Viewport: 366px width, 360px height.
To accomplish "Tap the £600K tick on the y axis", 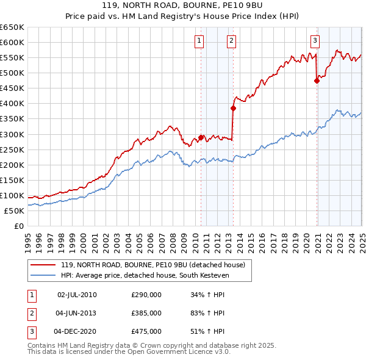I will pos(12,42).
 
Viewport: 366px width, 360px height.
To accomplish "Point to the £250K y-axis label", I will pos(12,149).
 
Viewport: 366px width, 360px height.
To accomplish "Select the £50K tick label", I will pos(15,211).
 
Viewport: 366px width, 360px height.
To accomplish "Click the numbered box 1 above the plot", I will pos(199,41).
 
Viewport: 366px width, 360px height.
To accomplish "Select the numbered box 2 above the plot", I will pos(232,41).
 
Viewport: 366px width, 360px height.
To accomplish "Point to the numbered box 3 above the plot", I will pos(315,41).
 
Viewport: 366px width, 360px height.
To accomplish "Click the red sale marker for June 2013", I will pos(233,108).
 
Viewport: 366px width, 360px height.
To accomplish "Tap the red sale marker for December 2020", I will pos(317,81).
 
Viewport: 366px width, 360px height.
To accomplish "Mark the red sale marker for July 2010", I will pos(201,137).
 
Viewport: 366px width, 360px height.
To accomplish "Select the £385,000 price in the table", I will pos(146,313).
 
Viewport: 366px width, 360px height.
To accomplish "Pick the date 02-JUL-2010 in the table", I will pos(77,295).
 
